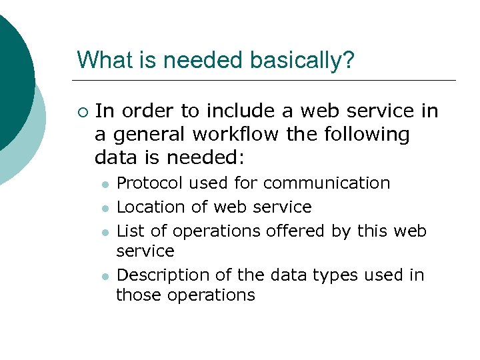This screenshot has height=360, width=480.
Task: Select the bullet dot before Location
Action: click(105, 209)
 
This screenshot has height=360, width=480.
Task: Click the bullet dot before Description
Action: click(105, 276)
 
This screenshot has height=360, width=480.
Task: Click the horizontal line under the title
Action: click(267, 81)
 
